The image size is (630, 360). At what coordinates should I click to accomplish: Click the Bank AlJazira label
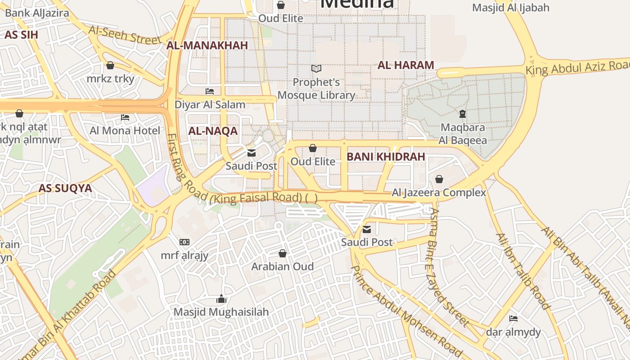(37, 13)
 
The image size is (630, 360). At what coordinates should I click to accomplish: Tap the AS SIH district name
(21, 35)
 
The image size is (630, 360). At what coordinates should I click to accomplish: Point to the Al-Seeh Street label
(125, 35)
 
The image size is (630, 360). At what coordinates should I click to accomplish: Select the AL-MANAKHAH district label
(207, 45)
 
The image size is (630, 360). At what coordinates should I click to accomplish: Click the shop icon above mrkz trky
(110, 65)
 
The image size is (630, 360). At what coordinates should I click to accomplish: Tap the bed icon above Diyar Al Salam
(210, 91)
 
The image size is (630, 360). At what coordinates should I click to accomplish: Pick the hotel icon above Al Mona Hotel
(125, 118)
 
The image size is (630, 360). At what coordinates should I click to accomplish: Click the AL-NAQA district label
(213, 131)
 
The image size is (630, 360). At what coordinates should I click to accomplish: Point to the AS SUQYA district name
(65, 188)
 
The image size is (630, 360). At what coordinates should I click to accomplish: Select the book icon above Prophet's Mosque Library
(316, 69)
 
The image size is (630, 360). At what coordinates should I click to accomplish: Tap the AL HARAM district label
(405, 65)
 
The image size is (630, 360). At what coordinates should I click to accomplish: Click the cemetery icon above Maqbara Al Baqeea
(463, 114)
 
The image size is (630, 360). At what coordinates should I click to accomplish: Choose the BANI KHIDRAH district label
(386, 157)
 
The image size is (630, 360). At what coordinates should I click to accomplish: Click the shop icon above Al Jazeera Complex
(439, 180)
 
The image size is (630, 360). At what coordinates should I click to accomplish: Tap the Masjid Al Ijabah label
(511, 8)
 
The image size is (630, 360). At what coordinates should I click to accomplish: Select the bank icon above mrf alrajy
(184, 242)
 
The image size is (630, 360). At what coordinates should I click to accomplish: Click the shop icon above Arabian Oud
(283, 253)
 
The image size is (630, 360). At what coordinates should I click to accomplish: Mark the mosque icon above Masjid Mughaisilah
(221, 299)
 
